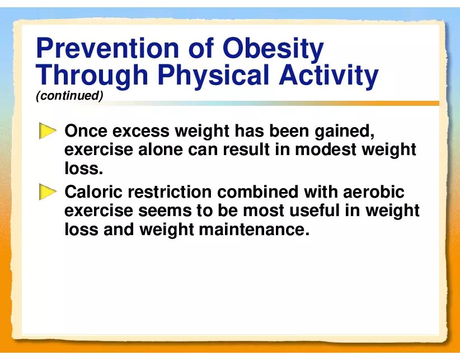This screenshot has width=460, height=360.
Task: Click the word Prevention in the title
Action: point(107,48)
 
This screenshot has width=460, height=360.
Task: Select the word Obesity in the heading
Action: point(273,50)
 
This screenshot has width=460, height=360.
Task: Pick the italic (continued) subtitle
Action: point(69,96)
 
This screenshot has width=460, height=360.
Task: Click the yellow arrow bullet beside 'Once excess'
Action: point(48,131)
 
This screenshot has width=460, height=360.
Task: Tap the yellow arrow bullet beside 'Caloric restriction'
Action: point(48,192)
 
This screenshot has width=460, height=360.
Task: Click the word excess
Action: point(141,131)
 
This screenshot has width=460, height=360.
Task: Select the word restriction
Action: point(170,192)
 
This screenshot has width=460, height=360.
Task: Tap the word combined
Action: point(257,192)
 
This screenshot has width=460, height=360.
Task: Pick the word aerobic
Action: point(374,192)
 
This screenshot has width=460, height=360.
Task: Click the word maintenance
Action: point(254,230)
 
